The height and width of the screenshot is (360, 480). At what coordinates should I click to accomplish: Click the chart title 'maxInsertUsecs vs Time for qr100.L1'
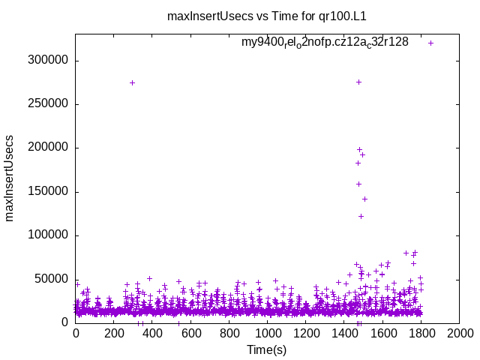pos(277,16)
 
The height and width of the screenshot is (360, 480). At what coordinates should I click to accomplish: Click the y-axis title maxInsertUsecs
pos(10,178)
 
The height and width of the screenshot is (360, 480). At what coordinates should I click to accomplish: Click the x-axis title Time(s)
pos(268,349)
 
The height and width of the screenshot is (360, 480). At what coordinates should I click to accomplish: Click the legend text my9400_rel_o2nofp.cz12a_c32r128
pos(325,43)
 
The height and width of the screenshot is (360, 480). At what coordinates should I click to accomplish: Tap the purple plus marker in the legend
pos(431,43)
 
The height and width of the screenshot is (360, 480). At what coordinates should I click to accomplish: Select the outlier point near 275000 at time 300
pos(133,82)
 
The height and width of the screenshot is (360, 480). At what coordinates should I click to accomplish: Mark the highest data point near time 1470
pos(358,82)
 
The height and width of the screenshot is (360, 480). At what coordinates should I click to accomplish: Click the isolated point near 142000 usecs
pos(364,199)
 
